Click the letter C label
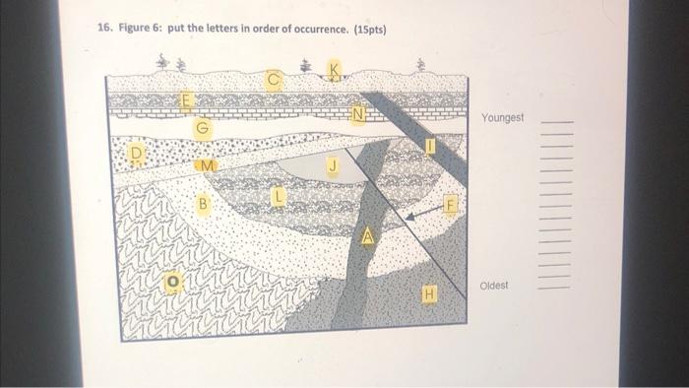click(x=275, y=78)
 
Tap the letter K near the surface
click(x=336, y=70)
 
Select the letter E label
click(x=185, y=100)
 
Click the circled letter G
click(x=203, y=128)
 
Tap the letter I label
click(x=429, y=147)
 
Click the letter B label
click(x=204, y=205)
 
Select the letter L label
click(x=279, y=198)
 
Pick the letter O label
click(x=171, y=282)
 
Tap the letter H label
click(x=428, y=292)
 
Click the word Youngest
click(x=502, y=118)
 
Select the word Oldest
click(x=493, y=287)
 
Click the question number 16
click(x=103, y=29)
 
